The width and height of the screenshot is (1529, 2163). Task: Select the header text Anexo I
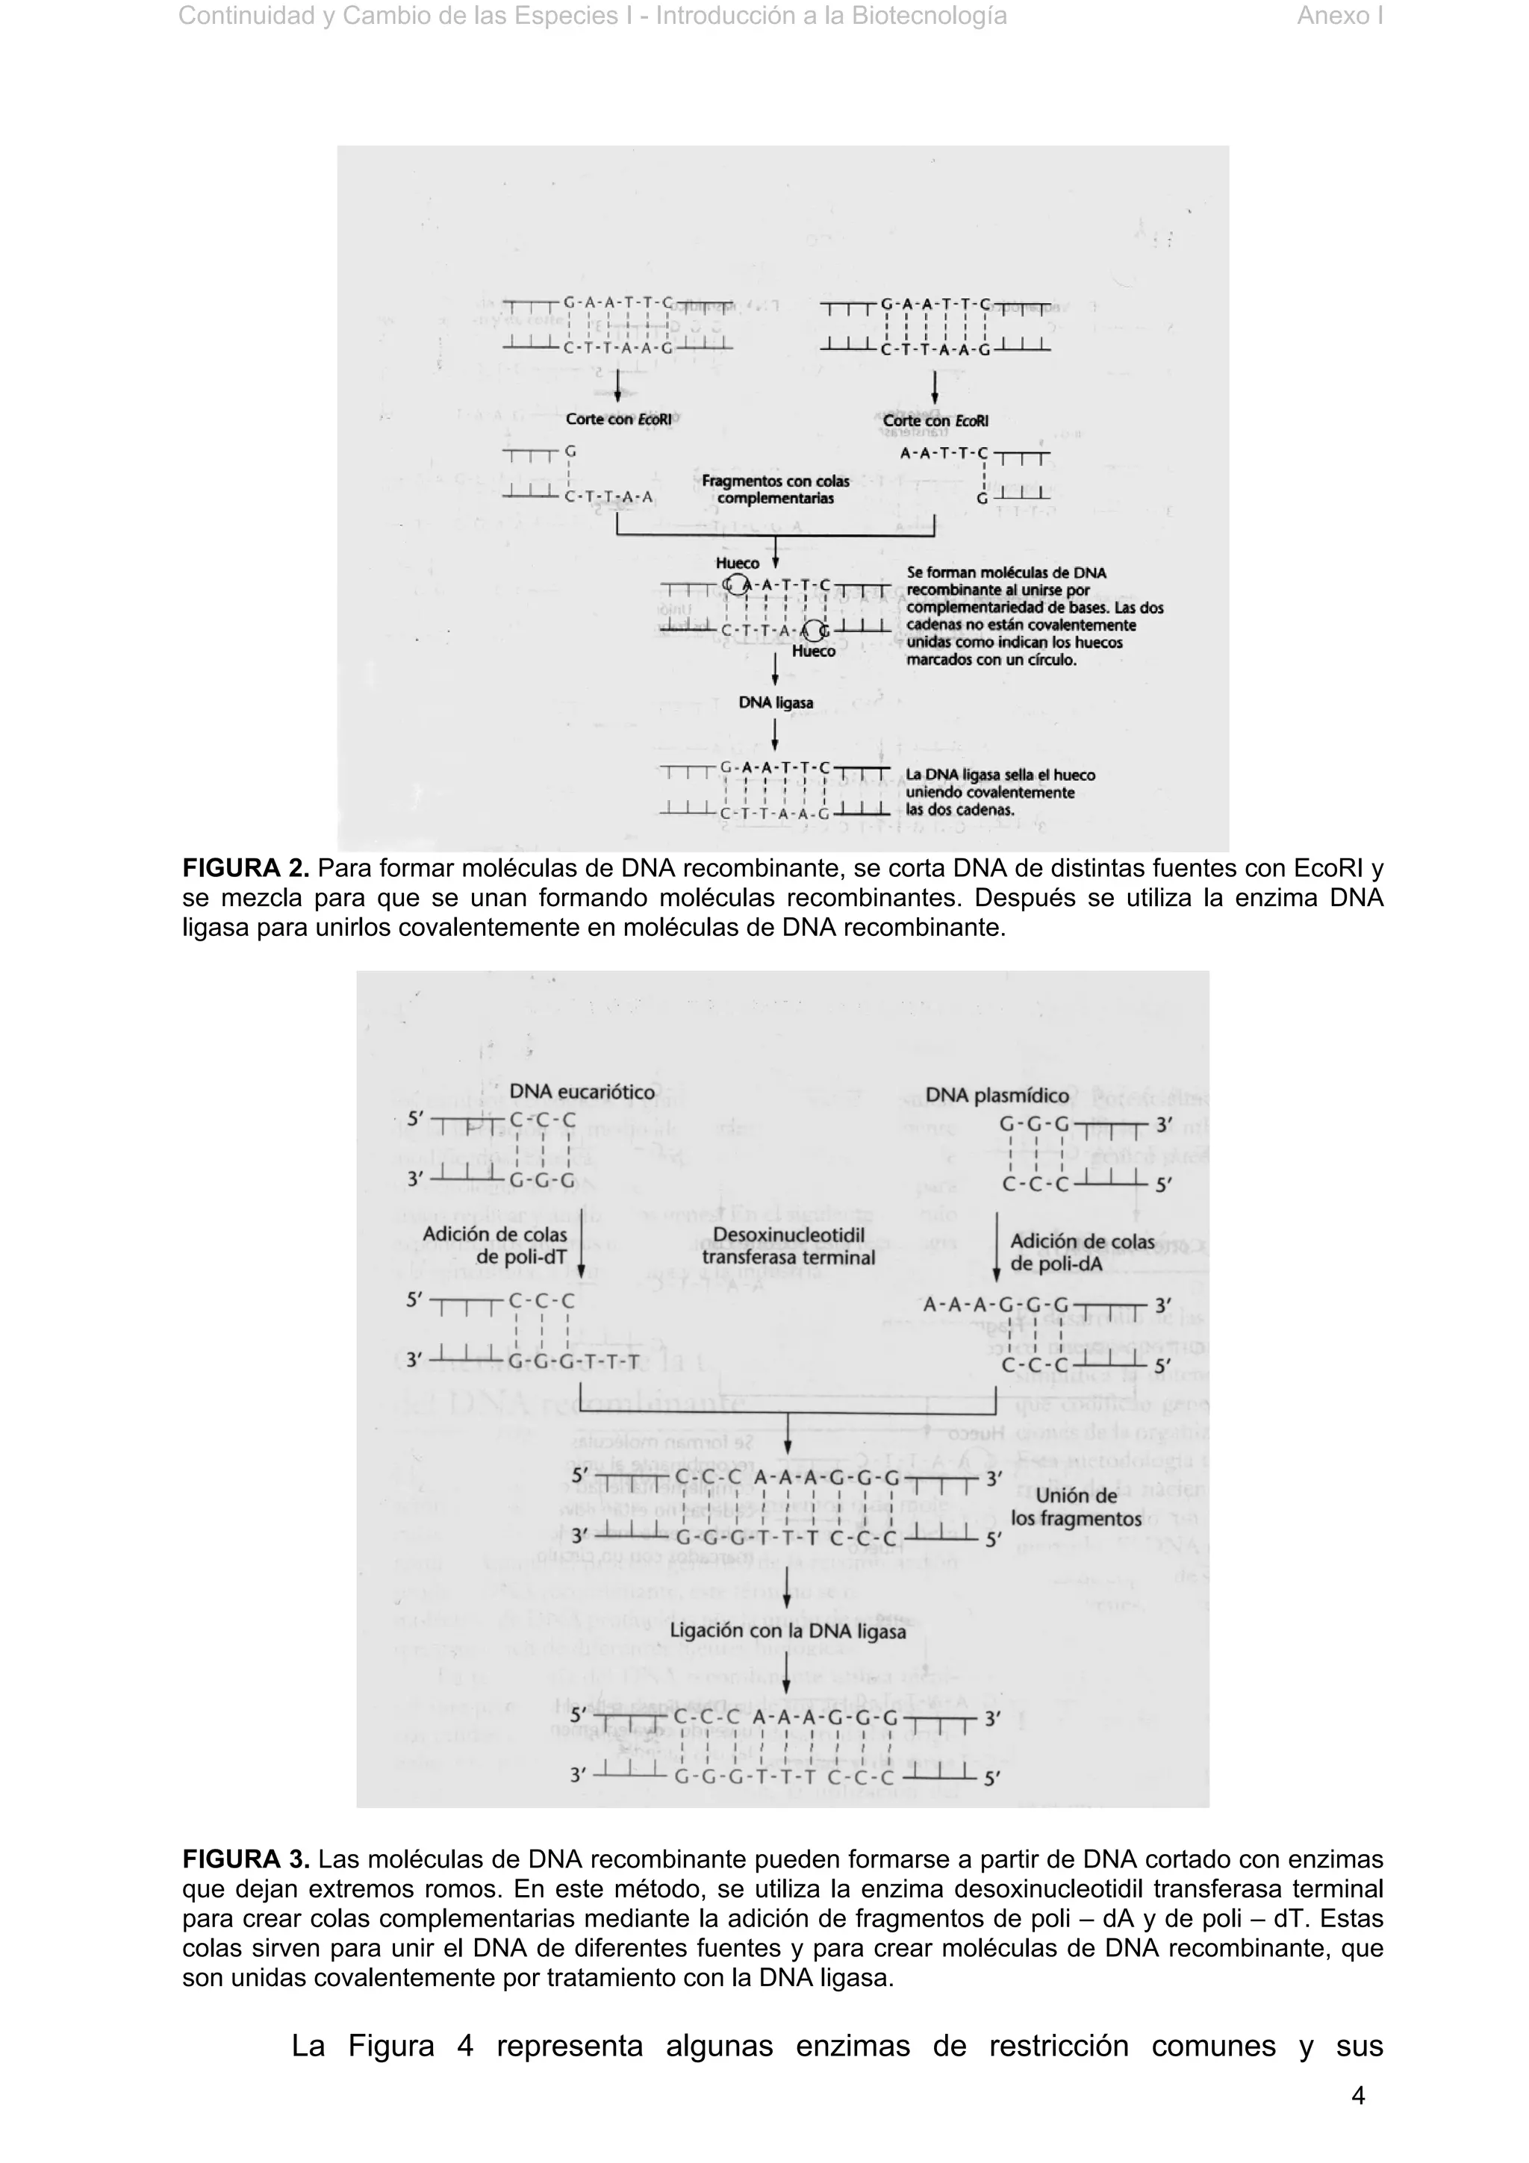point(1339,16)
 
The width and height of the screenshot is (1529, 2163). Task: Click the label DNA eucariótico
point(582,1092)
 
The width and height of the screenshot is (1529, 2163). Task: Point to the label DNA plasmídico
point(997,1095)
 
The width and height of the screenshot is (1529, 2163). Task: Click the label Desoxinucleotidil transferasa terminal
point(788,1246)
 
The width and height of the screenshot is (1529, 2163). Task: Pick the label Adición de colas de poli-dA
point(1082,1253)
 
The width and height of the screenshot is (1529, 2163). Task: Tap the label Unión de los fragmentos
point(1076,1506)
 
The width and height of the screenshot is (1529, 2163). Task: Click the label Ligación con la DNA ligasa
point(788,1631)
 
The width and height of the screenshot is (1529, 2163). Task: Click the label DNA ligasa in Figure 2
point(776,703)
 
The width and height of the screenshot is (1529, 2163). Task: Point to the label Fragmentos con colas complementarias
point(776,490)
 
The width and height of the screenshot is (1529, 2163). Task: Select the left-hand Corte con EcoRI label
point(618,419)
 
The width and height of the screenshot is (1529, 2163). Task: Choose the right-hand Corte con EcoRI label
point(935,421)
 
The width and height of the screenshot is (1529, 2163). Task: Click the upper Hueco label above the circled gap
point(737,564)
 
